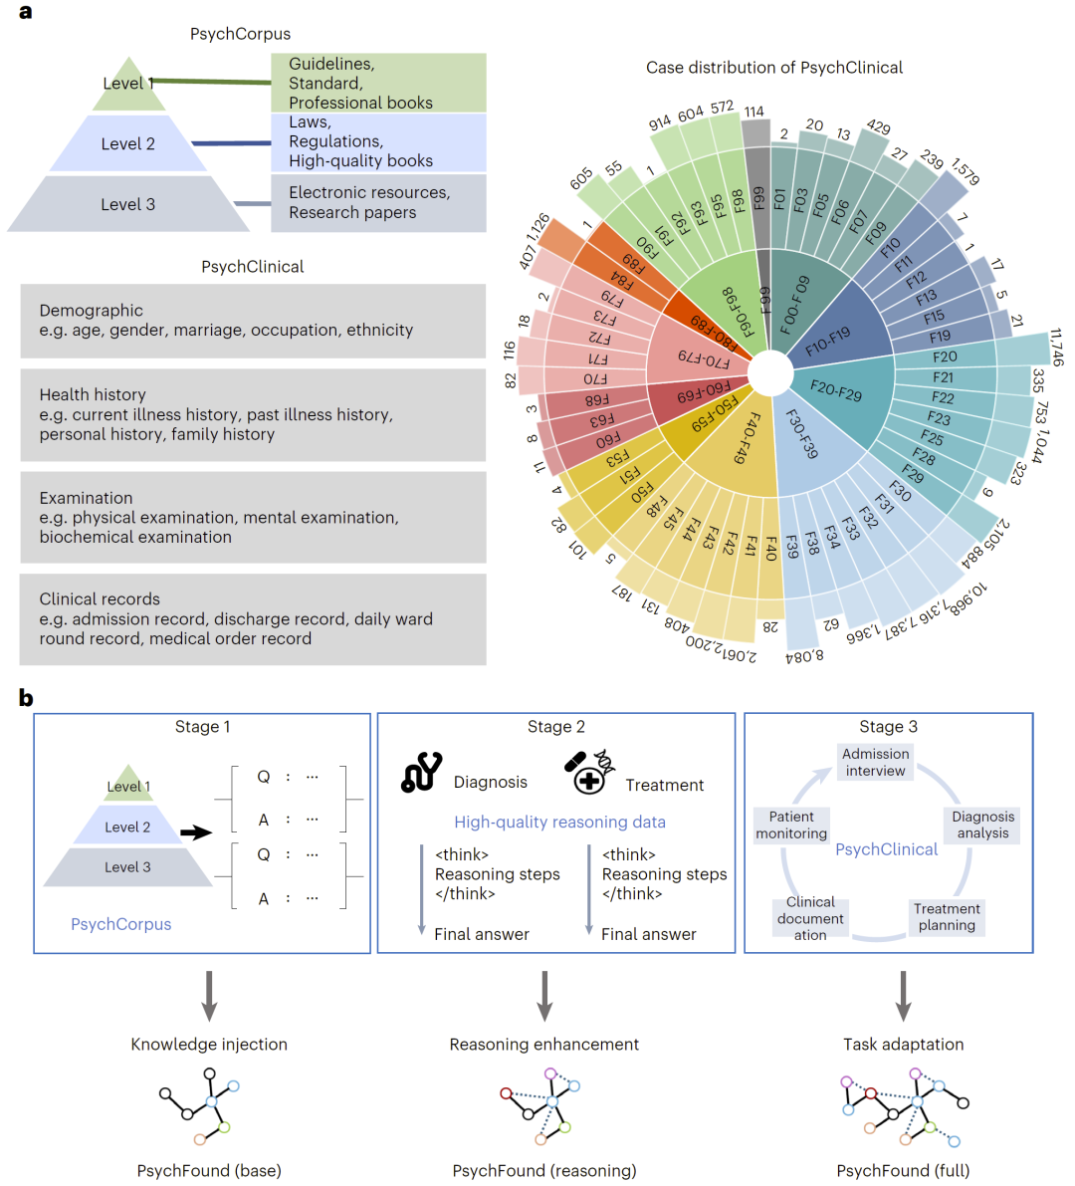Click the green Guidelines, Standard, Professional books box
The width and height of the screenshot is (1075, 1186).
click(x=378, y=83)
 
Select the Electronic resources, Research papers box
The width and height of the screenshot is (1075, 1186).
click(x=378, y=203)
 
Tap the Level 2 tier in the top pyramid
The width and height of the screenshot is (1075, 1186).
click(x=127, y=143)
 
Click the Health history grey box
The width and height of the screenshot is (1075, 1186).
click(x=253, y=414)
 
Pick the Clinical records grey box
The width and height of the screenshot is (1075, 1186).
click(x=253, y=618)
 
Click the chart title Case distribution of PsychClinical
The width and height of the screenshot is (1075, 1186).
click(x=774, y=68)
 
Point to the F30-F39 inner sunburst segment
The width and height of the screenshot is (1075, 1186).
click(x=809, y=446)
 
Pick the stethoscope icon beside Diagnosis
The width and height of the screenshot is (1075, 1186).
click(x=421, y=773)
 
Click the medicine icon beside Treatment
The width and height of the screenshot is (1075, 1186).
click(x=589, y=772)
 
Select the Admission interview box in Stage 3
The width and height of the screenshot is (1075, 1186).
click(x=875, y=762)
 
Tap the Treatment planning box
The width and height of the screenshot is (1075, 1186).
click(x=947, y=917)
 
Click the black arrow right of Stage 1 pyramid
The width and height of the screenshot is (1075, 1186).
click(x=196, y=832)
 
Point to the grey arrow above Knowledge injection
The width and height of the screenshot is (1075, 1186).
click(x=209, y=996)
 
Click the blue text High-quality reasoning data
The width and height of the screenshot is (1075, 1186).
click(x=560, y=823)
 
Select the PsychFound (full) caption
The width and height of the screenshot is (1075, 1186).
click(x=904, y=1170)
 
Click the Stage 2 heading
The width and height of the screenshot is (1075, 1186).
click(x=556, y=726)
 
